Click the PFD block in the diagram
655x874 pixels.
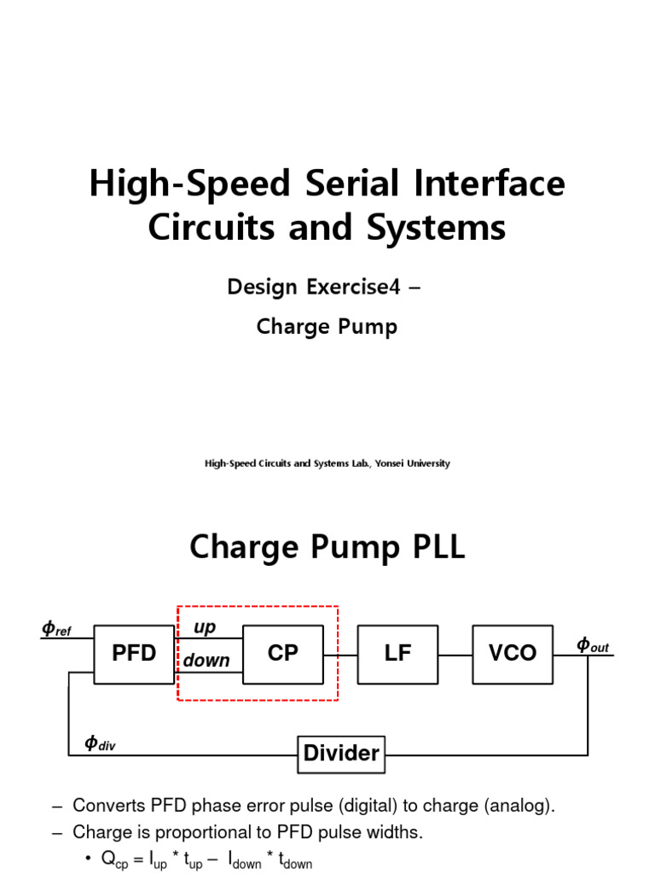point(134,654)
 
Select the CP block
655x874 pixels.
point(282,654)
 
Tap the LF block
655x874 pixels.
point(397,654)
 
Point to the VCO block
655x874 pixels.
point(513,654)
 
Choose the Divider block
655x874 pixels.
point(341,754)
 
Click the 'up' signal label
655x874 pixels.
point(205,627)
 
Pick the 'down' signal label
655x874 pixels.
point(206,661)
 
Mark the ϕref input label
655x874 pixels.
point(56,630)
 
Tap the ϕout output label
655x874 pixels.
point(593,645)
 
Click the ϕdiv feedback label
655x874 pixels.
point(100,743)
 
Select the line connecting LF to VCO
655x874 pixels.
point(454,655)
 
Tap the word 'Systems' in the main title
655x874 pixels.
point(442,228)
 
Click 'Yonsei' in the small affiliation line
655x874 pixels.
point(391,463)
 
